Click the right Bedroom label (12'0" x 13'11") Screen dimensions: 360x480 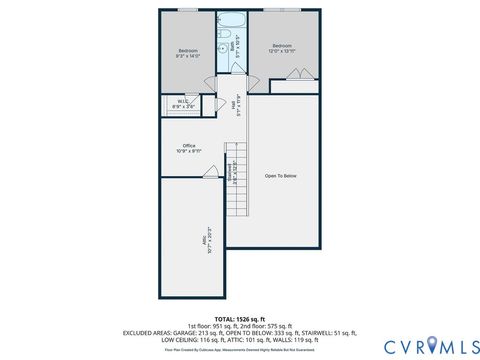(283, 48)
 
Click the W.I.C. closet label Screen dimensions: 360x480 (184, 102)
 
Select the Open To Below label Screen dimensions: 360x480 (281, 176)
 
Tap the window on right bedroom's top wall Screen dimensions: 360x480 (287, 10)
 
